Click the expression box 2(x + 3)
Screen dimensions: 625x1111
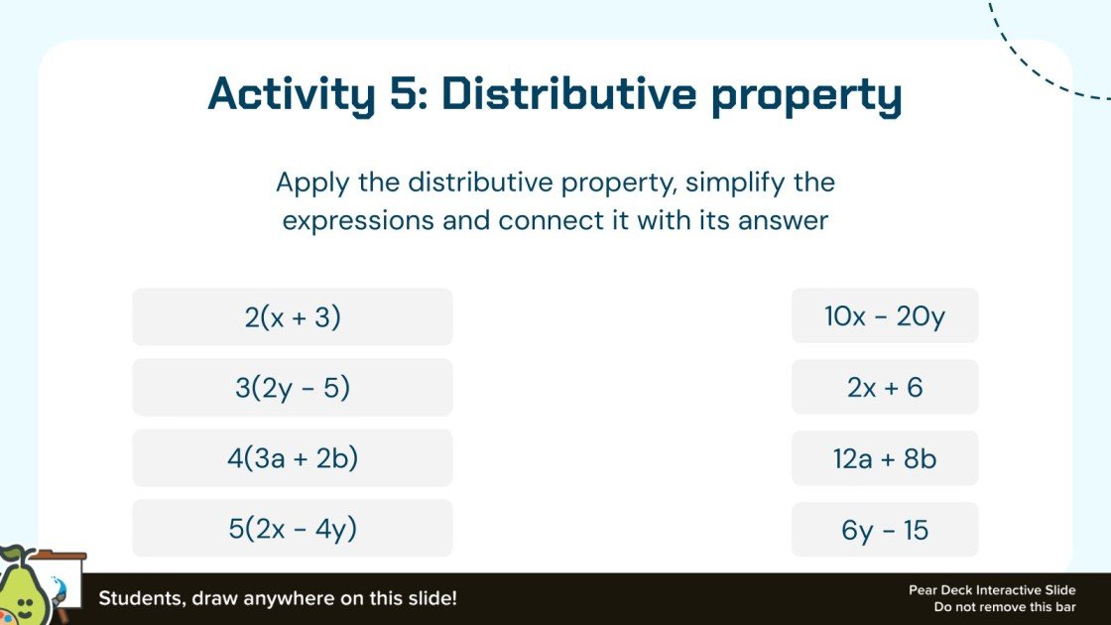coord(293,317)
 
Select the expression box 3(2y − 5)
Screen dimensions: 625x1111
coord(293,388)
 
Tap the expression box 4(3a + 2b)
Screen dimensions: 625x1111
coord(293,458)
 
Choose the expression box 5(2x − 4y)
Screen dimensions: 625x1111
coord(293,529)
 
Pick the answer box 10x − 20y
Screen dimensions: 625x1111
coord(885,316)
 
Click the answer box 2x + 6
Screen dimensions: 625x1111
coord(885,388)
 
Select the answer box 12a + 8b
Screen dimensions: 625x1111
coord(885,459)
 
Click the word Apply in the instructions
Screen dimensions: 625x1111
coord(308,184)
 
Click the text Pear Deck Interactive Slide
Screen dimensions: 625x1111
coord(992,590)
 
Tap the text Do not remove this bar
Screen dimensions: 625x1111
coord(1004,607)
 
